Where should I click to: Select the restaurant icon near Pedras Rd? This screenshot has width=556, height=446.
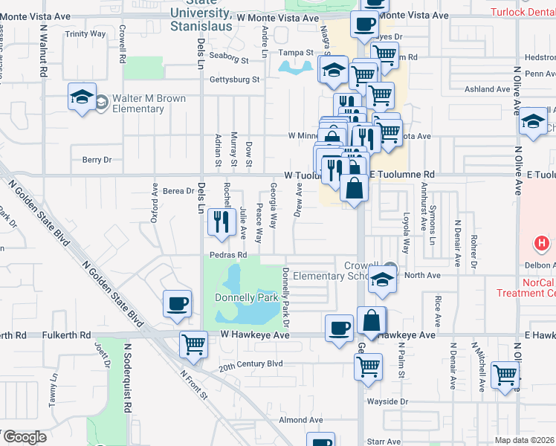click(x=221, y=223)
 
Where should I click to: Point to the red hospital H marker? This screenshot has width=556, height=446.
click(x=542, y=243)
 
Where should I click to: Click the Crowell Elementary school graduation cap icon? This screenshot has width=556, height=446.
click(x=382, y=280)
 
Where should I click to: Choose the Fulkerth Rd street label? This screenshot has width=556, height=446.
click(x=65, y=335)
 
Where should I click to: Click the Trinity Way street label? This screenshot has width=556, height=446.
click(x=85, y=34)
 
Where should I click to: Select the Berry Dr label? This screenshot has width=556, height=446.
click(x=97, y=160)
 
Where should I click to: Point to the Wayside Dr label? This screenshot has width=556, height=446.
click(x=393, y=401)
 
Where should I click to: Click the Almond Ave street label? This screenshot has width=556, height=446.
click(x=301, y=420)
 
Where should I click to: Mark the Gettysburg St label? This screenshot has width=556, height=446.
click(x=234, y=80)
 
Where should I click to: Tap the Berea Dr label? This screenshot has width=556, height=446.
click(x=178, y=191)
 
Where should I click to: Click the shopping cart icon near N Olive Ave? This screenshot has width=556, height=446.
click(x=505, y=375)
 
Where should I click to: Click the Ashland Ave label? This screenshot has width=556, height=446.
click(x=487, y=89)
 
